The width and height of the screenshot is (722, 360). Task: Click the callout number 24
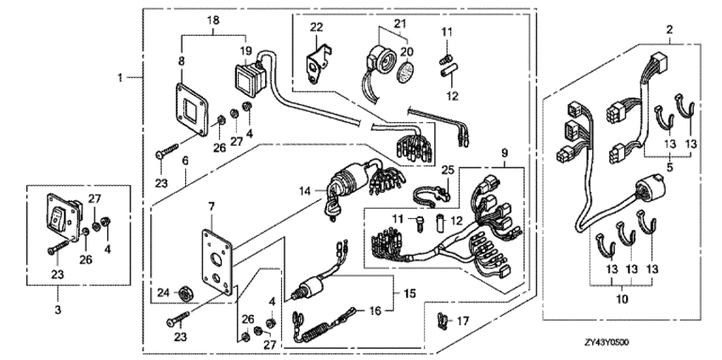tap(161, 294)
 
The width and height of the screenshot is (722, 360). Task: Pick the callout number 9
tap(505, 153)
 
